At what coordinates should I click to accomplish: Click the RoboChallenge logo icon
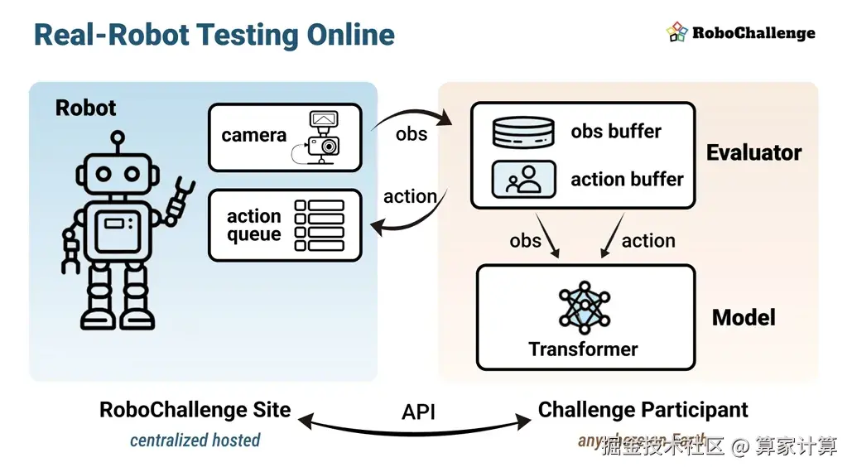click(677, 32)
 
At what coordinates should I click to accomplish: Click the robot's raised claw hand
click(181, 197)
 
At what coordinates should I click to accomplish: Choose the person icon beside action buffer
click(523, 179)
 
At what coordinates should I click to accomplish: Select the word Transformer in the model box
click(583, 349)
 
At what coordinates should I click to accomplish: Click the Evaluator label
click(753, 153)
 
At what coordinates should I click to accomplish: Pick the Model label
click(744, 318)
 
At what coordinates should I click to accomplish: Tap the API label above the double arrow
click(418, 412)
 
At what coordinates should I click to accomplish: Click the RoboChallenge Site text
click(195, 410)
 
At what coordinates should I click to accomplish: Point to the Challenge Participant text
click(643, 410)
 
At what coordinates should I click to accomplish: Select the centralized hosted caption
click(195, 441)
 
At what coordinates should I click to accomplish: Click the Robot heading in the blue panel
click(85, 108)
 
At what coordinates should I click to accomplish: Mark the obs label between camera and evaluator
click(412, 134)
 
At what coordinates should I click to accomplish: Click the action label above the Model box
click(648, 241)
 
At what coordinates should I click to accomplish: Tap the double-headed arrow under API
click(418, 428)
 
